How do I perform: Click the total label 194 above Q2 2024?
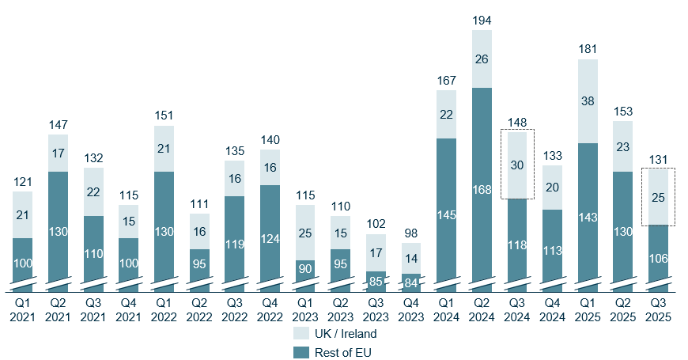tap(482, 20)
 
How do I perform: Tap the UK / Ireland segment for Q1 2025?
tap(588, 101)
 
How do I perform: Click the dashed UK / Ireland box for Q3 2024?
tap(517, 165)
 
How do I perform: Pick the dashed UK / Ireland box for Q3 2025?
tap(658, 196)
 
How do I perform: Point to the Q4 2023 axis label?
tap(410, 310)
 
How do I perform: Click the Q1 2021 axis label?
tap(22, 310)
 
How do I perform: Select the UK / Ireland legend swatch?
tap(301, 333)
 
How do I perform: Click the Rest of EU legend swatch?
tap(301, 352)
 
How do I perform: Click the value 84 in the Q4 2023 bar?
tap(410, 279)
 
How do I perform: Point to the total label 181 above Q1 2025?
tap(588, 49)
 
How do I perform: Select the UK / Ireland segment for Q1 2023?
tap(305, 233)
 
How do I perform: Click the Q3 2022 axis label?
tap(234, 310)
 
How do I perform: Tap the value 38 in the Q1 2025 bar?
tap(588, 101)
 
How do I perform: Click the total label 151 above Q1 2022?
tap(164, 115)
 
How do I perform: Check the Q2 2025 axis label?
tap(623, 310)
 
